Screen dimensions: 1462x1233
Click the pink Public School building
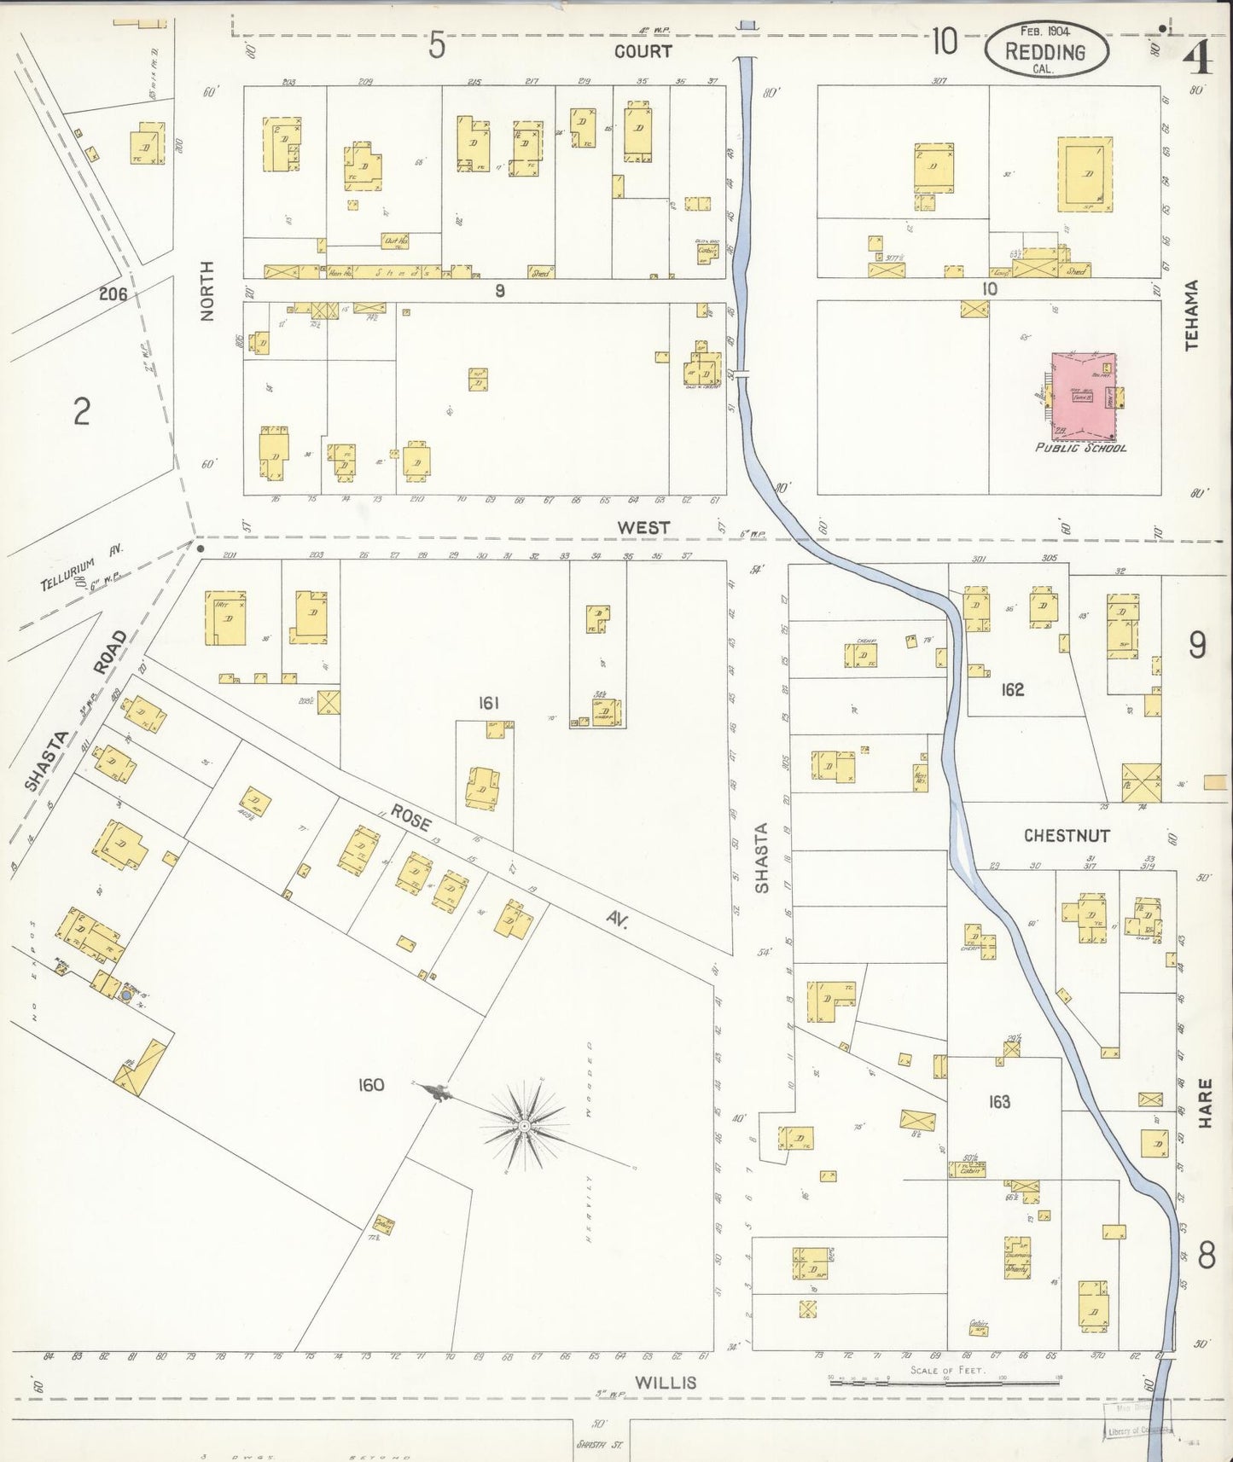click(1082, 395)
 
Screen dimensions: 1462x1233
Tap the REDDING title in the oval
click(1045, 52)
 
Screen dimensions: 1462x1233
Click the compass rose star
click(523, 1127)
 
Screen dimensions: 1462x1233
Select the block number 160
click(370, 1085)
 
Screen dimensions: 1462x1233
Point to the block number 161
click(488, 703)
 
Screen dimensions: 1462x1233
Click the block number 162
click(1012, 689)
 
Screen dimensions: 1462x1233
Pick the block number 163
click(999, 1101)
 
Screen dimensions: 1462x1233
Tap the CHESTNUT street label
click(1067, 835)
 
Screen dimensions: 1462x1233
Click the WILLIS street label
click(666, 1383)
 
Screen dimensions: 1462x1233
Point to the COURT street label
click(643, 51)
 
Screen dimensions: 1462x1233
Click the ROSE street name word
click(411, 818)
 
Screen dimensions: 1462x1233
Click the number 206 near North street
click(113, 294)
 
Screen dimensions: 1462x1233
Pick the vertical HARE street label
click(1204, 1103)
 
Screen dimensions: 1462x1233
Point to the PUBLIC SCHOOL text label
click(1080, 448)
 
